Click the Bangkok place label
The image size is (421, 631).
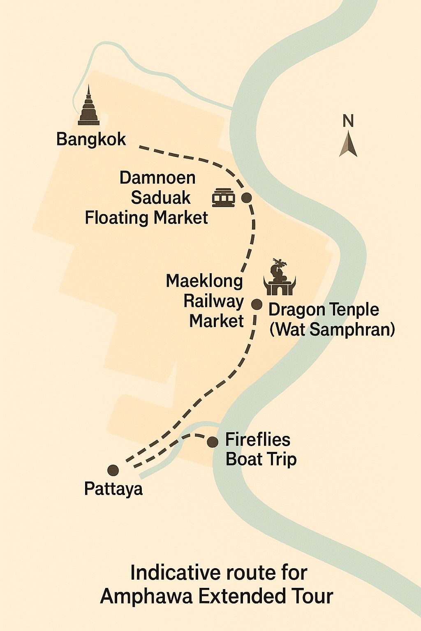tap(91, 139)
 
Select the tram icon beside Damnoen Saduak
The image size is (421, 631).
tap(224, 198)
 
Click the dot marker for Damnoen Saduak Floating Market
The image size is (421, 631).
tap(246, 198)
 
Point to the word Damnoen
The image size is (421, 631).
tap(157, 178)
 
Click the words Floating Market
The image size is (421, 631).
tap(146, 218)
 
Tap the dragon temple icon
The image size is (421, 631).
tap(280, 278)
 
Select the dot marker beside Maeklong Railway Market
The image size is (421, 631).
tap(257, 304)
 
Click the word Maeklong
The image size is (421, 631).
tap(204, 281)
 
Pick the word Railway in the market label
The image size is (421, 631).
tap(213, 301)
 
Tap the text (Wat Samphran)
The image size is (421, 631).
tap(332, 329)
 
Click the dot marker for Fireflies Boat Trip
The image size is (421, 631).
tap(213, 442)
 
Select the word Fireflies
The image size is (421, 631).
tap(258, 440)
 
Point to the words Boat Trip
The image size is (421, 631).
tap(261, 459)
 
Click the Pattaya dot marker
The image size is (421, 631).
tap(113, 470)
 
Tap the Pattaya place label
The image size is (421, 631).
tap(113, 489)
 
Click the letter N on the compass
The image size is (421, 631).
tap(348, 121)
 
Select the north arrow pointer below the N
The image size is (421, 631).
tap(348, 145)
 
